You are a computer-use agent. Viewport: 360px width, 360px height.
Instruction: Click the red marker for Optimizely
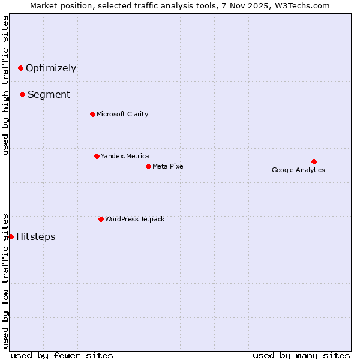click(x=20, y=68)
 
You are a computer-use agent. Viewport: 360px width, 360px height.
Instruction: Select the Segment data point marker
click(x=22, y=94)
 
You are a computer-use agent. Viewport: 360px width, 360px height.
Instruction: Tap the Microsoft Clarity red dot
click(x=92, y=114)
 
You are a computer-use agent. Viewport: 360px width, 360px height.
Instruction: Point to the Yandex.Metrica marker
click(x=97, y=156)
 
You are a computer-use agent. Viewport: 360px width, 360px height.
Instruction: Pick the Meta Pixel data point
click(x=148, y=166)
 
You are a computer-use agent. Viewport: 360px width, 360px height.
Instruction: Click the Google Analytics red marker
click(x=314, y=161)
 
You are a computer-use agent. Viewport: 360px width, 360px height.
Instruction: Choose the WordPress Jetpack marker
click(x=101, y=219)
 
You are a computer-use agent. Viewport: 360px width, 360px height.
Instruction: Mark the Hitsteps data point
click(x=11, y=236)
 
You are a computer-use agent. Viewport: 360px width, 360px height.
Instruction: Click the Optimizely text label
click(x=51, y=68)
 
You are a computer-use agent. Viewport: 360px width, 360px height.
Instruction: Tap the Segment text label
click(x=49, y=94)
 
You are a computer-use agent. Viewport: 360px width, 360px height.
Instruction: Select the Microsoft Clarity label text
click(x=122, y=114)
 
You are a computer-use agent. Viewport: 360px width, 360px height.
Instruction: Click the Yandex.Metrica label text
click(x=125, y=156)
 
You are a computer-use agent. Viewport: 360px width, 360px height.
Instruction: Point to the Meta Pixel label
click(x=169, y=166)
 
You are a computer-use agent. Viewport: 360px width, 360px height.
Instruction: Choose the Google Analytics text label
click(x=298, y=170)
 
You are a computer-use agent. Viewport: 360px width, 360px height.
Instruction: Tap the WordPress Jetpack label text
click(x=134, y=219)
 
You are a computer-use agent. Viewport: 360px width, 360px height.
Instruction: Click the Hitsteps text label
click(x=36, y=236)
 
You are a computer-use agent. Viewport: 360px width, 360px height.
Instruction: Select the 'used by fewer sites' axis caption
click(x=62, y=355)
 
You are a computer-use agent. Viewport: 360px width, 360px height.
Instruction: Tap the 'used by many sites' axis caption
click(x=301, y=355)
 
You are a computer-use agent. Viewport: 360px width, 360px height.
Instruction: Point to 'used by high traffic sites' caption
click(x=5, y=85)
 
